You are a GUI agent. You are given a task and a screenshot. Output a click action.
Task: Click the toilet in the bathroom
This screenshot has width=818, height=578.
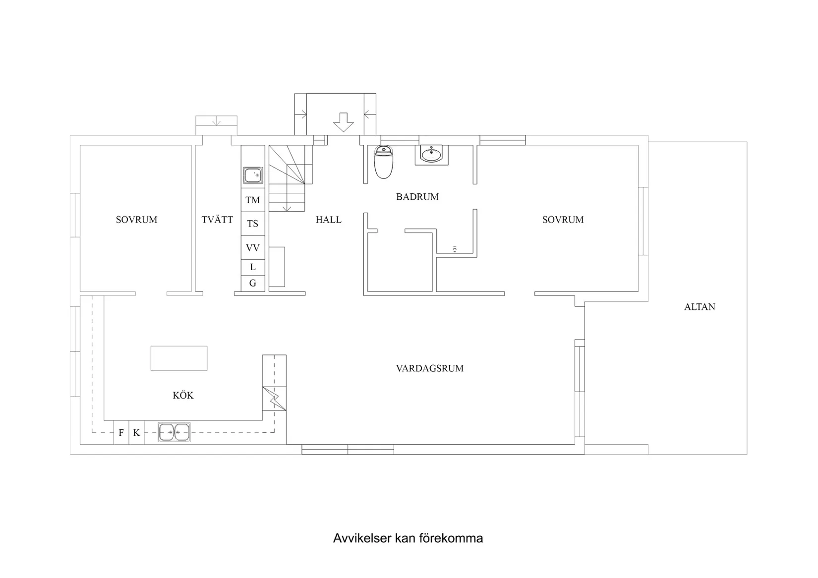tap(383, 162)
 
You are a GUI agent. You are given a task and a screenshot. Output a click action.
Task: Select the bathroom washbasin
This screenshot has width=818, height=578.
tap(431, 154)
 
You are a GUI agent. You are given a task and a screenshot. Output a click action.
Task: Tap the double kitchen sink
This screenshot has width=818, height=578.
tap(174, 432)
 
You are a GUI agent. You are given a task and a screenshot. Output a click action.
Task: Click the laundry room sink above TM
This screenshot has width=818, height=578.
tap(253, 175)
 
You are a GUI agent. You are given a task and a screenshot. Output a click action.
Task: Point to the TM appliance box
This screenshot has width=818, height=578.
tap(253, 200)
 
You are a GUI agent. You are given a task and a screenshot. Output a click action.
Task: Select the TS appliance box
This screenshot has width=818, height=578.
tap(253, 224)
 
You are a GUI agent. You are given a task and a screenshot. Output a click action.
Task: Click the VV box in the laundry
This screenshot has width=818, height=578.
tap(253, 248)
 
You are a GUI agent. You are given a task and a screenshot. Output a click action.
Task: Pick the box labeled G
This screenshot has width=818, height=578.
tap(253, 284)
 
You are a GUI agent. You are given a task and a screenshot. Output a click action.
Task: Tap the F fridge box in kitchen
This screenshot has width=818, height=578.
tap(121, 433)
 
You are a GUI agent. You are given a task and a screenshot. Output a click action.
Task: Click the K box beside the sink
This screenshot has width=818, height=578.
tap(136, 433)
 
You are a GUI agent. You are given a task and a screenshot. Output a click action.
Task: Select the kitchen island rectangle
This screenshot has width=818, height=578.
tap(179, 358)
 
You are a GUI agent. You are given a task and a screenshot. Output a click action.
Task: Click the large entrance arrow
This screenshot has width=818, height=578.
tap(343, 122)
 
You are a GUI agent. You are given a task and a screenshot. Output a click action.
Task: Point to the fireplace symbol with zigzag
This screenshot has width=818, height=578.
tap(274, 398)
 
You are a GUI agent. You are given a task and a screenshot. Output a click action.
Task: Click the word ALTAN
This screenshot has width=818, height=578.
tap(700, 307)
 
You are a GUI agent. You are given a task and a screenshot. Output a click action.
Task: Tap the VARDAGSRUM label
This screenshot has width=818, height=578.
tap(430, 368)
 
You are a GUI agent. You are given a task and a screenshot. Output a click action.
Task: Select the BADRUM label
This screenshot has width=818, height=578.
tap(417, 197)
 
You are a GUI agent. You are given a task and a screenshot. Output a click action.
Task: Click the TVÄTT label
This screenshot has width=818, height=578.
tap(217, 220)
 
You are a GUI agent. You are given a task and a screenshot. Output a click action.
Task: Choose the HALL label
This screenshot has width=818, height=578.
tap(329, 220)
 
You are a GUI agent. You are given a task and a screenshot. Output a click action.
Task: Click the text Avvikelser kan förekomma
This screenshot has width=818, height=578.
tap(408, 538)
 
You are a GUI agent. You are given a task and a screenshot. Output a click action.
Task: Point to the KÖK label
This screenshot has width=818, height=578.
tap(183, 396)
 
